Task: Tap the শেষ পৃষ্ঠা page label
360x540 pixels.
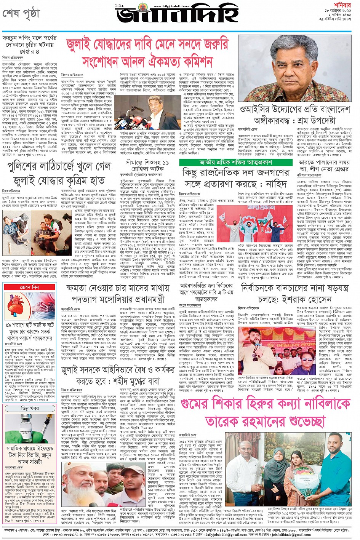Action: coord(21,13)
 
